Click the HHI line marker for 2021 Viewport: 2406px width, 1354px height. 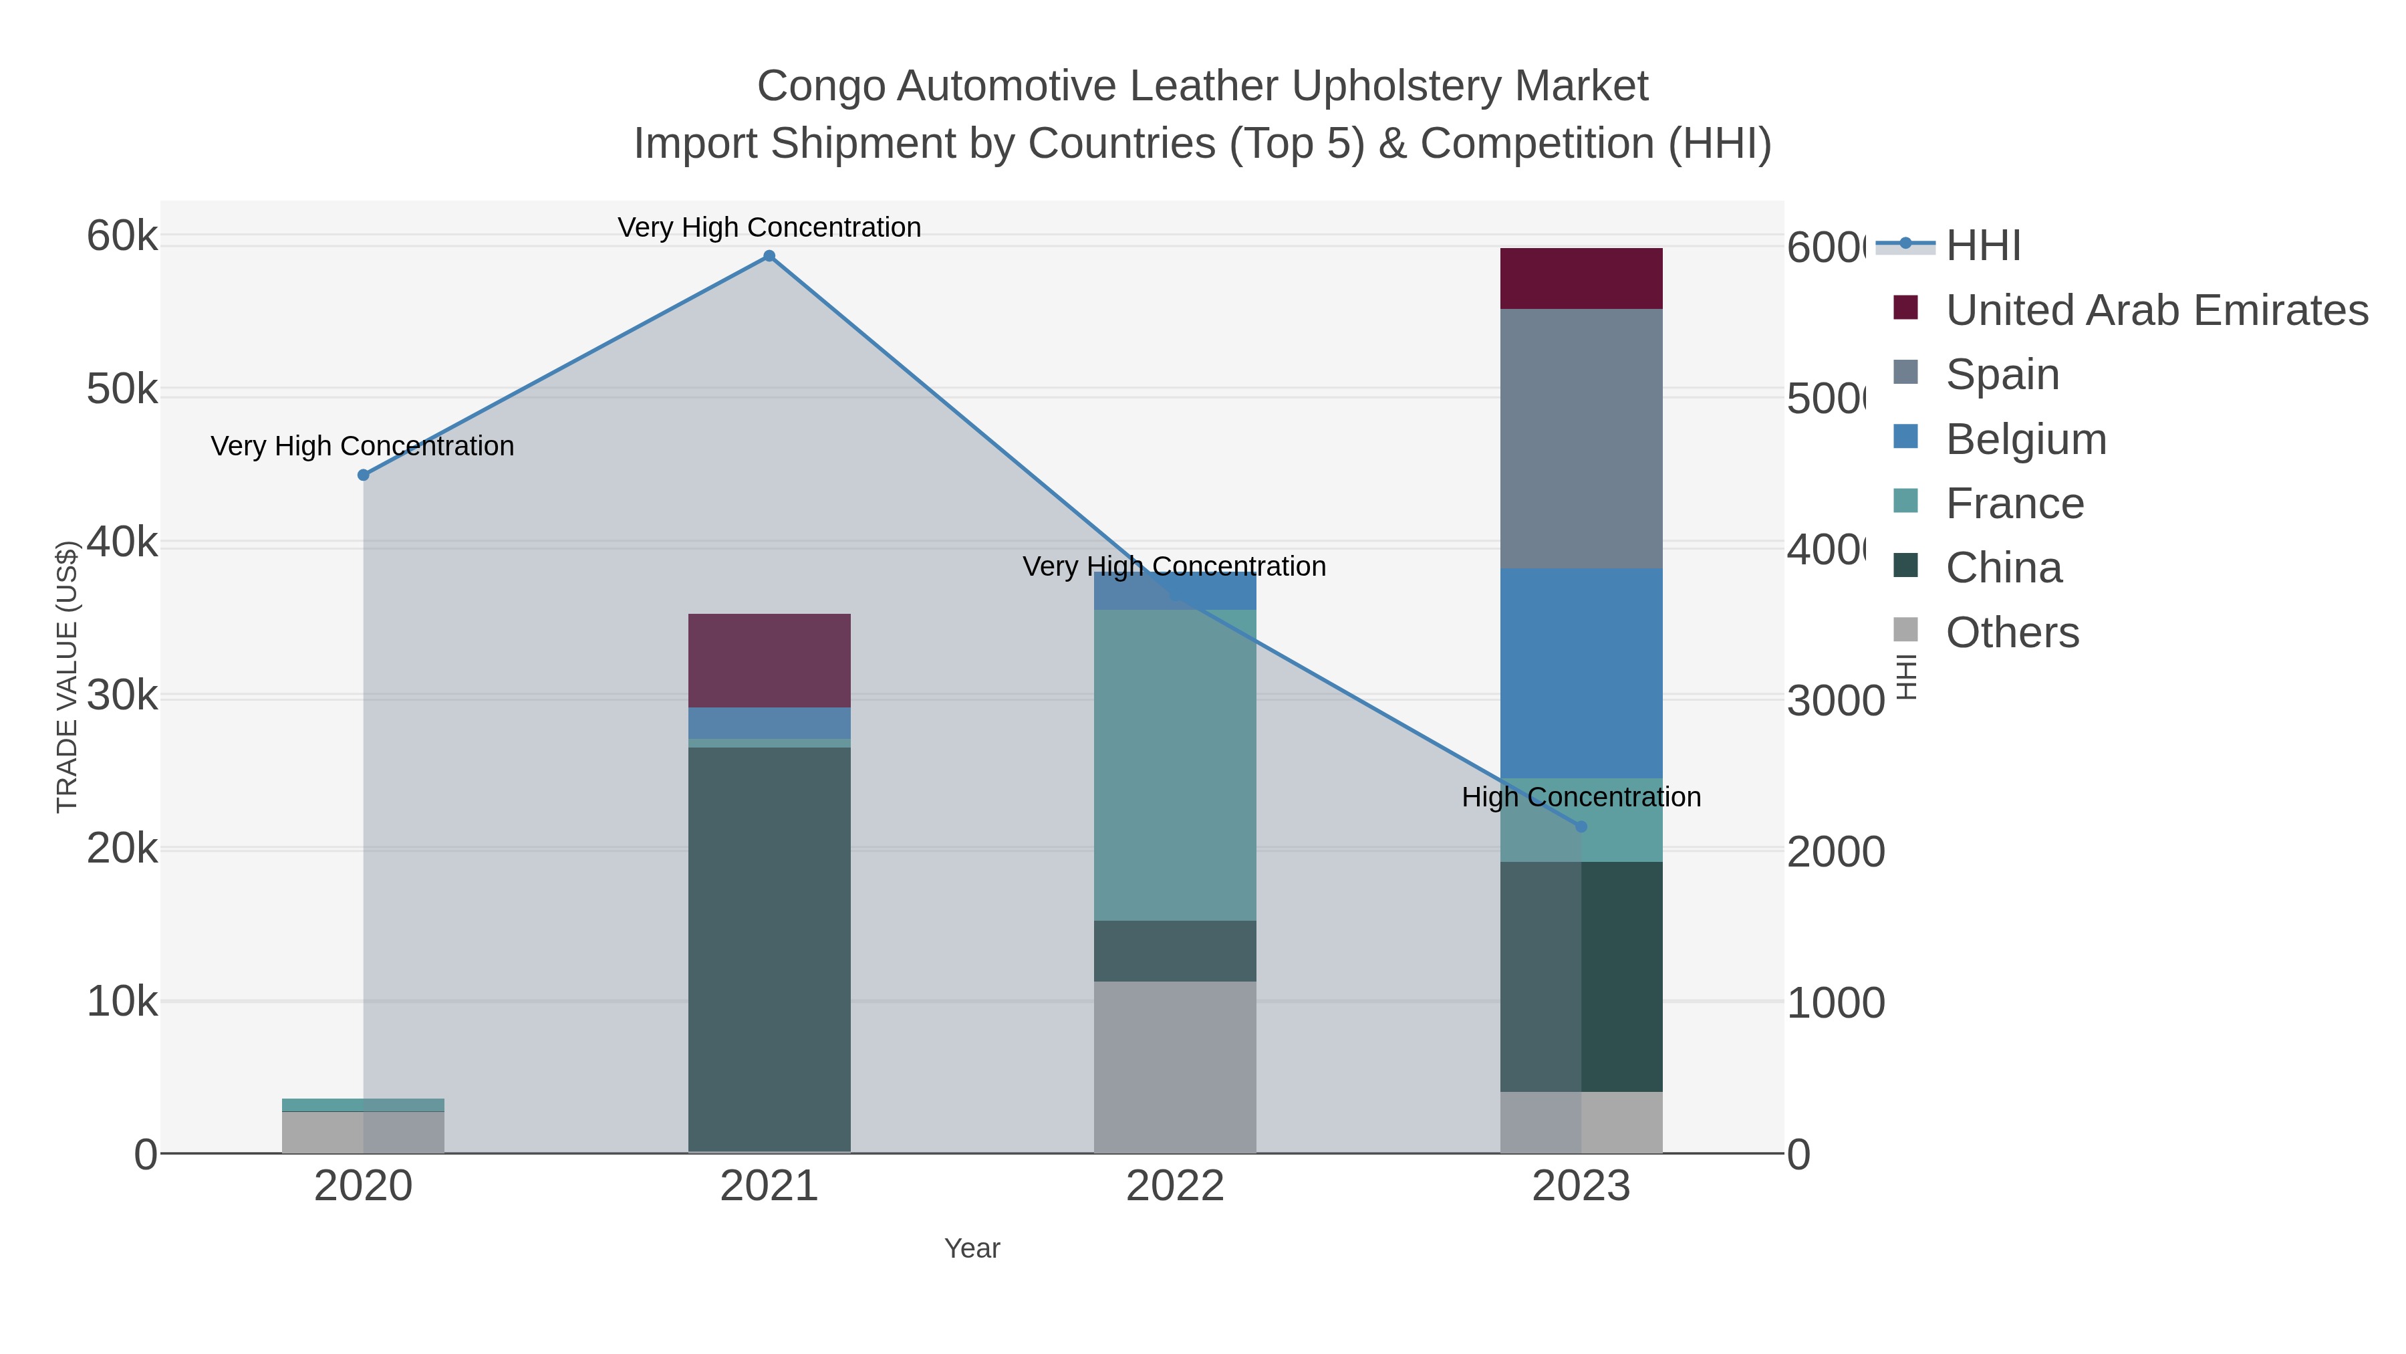pyautogui.click(x=769, y=256)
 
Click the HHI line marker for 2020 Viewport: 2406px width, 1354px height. pyautogui.click(x=364, y=475)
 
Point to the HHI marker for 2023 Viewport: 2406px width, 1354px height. pyautogui.click(x=1581, y=826)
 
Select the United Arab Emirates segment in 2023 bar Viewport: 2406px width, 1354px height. pyautogui.click(x=1581, y=278)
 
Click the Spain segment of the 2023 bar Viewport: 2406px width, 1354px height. pyautogui.click(x=1581, y=437)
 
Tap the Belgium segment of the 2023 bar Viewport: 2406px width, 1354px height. pyautogui.click(x=1581, y=673)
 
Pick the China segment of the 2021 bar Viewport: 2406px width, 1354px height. pyautogui.click(x=769, y=948)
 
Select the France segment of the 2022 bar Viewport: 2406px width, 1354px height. pyautogui.click(x=1174, y=764)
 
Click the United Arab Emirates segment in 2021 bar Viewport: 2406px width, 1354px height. pyautogui.click(x=769, y=660)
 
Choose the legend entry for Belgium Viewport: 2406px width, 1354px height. pyautogui.click(x=2025, y=439)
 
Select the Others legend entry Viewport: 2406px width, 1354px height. pyautogui.click(x=2012, y=633)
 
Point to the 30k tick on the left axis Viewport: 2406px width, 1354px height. pyautogui.click(x=122, y=695)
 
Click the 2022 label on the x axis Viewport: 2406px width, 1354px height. pyautogui.click(x=1174, y=1186)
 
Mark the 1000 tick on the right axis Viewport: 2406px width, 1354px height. pyautogui.click(x=1835, y=1003)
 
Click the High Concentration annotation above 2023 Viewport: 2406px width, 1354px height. pyautogui.click(x=1581, y=797)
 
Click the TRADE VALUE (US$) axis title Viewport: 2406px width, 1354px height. pyautogui.click(x=68, y=677)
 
